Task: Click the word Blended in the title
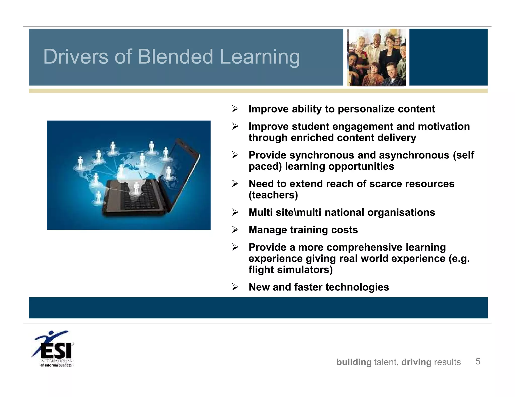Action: click(175, 57)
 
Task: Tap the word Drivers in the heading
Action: click(75, 57)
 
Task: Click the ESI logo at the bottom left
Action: click(53, 349)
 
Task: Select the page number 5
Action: click(478, 361)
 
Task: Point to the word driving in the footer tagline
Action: click(416, 362)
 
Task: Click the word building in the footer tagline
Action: click(354, 362)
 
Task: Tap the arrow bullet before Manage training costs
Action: click(235, 230)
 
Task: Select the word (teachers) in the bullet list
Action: click(273, 195)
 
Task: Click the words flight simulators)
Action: click(290, 270)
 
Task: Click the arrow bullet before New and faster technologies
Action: click(235, 287)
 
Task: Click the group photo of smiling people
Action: click(376, 57)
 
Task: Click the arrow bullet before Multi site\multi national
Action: click(235, 212)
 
